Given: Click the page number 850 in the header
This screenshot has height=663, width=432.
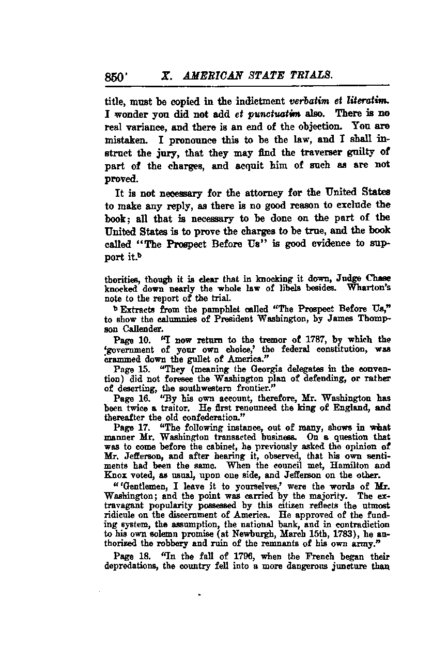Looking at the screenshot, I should pos(114,76).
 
